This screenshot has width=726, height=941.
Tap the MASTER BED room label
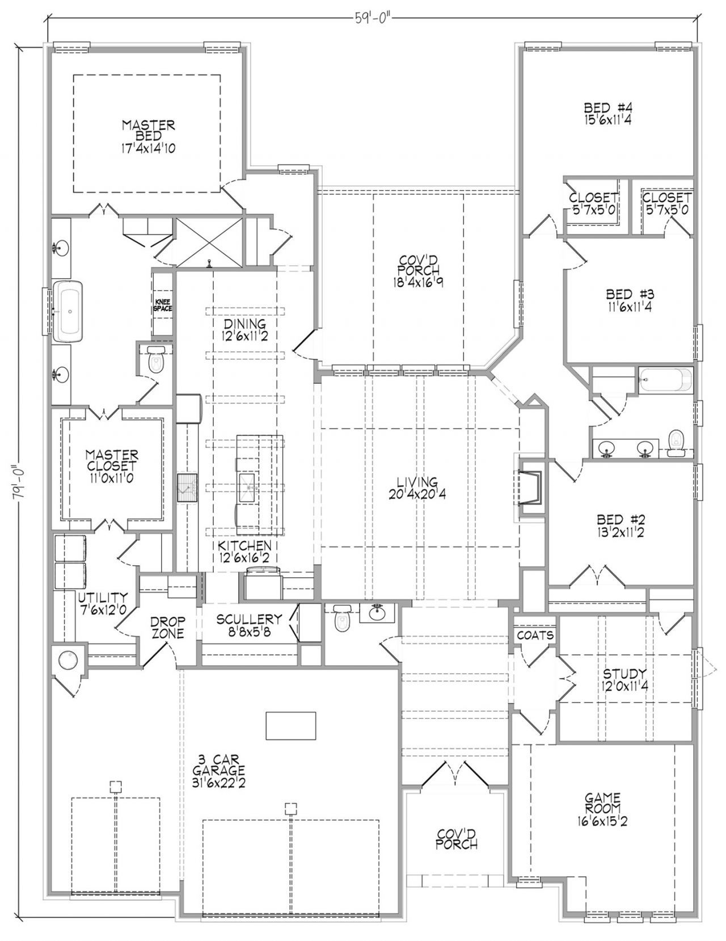[x=149, y=131]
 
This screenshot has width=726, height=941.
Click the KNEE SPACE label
[x=163, y=305]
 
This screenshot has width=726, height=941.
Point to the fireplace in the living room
[x=530, y=487]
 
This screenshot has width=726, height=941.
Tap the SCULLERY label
[x=249, y=620]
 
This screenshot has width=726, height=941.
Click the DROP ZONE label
[x=167, y=627]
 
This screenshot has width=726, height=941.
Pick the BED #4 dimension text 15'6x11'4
[x=607, y=120]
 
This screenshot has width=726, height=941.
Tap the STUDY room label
[x=625, y=673]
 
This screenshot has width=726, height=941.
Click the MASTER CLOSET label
[x=112, y=460]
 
